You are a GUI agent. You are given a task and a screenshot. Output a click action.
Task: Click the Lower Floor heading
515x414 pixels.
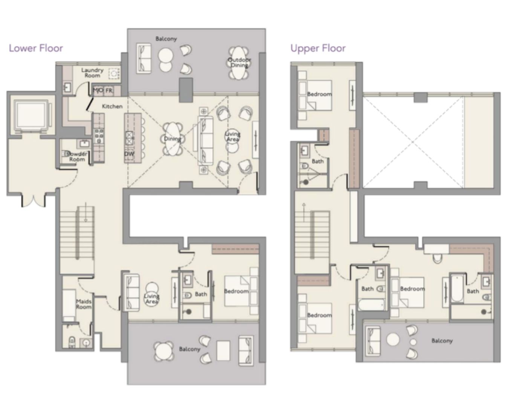(x=36, y=48)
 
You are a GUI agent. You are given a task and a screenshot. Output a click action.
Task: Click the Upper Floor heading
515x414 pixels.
(x=318, y=48)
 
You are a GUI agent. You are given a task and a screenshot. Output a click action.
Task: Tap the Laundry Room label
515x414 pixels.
(x=92, y=73)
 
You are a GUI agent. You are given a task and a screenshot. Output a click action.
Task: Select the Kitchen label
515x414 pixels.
(x=112, y=107)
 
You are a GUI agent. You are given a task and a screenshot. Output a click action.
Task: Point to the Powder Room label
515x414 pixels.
(x=77, y=157)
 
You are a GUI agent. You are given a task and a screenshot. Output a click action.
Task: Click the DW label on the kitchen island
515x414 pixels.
(x=129, y=154)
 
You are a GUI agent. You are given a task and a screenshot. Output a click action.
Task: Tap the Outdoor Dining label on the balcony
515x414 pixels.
(x=239, y=62)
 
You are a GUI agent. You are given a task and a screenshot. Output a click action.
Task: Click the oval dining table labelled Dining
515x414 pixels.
(x=172, y=139)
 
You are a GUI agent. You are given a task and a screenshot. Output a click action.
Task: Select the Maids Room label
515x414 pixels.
(x=84, y=304)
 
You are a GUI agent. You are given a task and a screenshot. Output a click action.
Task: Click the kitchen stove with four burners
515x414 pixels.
(x=99, y=136)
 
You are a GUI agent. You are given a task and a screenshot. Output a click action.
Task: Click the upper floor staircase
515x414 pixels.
(x=312, y=235)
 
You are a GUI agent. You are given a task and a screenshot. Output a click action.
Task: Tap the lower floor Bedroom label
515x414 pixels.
(x=236, y=291)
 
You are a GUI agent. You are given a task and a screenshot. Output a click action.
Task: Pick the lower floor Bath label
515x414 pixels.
(x=201, y=294)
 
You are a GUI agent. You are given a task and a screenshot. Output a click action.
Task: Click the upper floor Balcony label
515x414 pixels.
(x=442, y=341)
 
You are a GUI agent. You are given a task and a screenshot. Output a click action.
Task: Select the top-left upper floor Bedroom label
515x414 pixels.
(x=319, y=94)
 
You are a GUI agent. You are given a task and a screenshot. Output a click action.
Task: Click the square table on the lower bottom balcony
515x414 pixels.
(x=223, y=351)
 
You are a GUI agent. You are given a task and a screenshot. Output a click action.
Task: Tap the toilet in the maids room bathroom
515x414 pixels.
(x=72, y=341)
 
